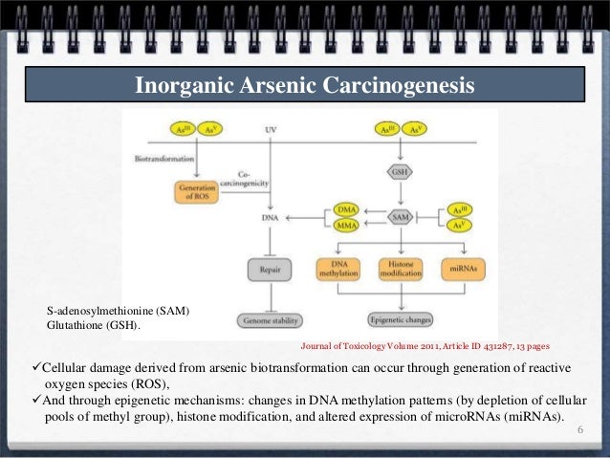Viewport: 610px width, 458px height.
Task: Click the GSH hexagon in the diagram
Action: [401, 172]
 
